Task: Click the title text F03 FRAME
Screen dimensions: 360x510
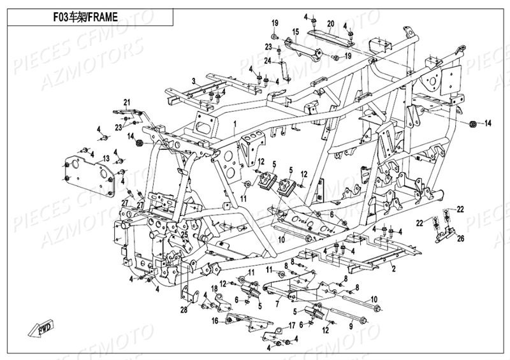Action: (x=86, y=17)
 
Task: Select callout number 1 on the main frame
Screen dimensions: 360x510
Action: (x=235, y=122)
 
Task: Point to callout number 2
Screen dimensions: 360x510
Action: (x=393, y=270)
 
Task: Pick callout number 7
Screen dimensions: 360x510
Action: (x=276, y=305)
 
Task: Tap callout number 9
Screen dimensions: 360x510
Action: (x=350, y=326)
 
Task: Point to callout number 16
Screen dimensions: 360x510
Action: (x=215, y=320)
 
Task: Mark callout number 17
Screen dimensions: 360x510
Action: (x=291, y=326)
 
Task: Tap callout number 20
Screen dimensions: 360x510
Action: (x=330, y=24)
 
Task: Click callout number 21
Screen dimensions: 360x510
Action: (x=127, y=103)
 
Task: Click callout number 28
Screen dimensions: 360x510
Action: (x=184, y=310)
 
